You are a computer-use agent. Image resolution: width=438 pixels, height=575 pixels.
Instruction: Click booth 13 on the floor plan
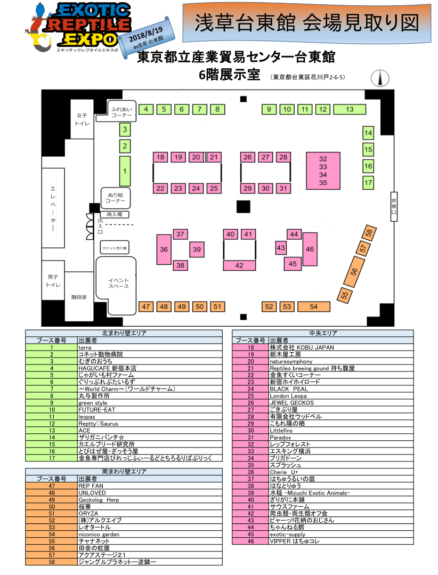(350, 109)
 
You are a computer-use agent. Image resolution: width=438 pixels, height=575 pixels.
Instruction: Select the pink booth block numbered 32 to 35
(323, 171)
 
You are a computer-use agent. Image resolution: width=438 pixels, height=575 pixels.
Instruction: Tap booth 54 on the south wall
(314, 306)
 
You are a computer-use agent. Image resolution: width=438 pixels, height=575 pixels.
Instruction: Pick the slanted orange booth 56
(354, 272)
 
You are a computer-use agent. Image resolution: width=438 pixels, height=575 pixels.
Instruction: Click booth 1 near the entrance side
(125, 171)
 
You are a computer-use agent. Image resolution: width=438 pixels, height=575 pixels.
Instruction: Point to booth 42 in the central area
(239, 265)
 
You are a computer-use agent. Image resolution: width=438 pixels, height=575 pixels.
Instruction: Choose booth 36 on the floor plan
(164, 249)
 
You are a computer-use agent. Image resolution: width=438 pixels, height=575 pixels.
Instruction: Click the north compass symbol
(380, 78)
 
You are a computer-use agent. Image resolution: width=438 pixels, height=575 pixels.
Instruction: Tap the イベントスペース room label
(118, 283)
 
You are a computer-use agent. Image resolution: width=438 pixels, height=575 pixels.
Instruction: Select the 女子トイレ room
(82, 119)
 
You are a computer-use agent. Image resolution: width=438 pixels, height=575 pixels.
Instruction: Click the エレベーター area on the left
(53, 208)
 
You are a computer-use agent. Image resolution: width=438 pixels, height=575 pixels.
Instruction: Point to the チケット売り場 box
(115, 248)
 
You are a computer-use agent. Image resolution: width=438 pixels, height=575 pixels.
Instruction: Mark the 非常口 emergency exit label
(394, 206)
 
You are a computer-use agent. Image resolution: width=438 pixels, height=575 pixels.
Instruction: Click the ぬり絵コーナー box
(116, 198)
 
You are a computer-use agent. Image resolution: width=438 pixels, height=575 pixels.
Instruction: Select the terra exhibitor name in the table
(85, 347)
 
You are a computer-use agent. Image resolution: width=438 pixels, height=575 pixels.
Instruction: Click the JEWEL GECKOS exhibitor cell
(292, 403)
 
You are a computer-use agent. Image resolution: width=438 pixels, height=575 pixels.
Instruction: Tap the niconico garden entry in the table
(99, 534)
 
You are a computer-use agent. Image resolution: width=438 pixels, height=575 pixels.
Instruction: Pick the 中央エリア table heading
(323, 333)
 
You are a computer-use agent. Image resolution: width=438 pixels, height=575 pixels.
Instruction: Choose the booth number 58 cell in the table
(52, 562)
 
